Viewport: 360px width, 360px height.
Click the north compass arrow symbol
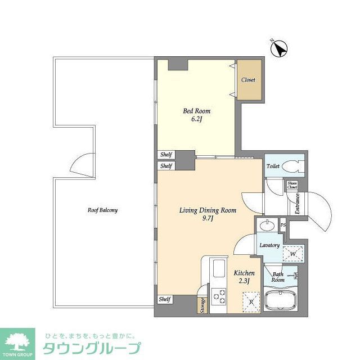[278, 49]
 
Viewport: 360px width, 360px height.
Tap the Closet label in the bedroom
[248, 80]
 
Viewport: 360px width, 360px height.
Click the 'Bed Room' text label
[196, 111]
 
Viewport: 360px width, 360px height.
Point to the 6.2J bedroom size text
[196, 119]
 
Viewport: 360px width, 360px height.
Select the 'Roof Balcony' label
[102, 210]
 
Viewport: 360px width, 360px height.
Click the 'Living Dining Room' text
[208, 210]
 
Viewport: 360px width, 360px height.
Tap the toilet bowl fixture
[291, 167]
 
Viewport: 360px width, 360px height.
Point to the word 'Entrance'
[298, 204]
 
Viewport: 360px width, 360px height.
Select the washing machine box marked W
[293, 254]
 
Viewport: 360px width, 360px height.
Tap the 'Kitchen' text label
[244, 273]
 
